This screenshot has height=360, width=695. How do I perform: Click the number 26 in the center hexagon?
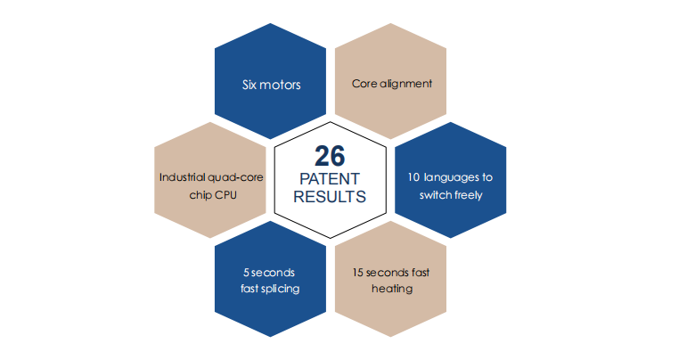point(330,156)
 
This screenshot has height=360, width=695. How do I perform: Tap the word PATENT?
point(330,179)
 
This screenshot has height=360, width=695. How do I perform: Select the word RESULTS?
point(330,196)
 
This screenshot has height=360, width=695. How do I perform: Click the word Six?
point(249,85)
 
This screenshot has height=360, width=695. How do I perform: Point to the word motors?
point(280,86)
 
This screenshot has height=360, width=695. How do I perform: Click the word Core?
point(364,84)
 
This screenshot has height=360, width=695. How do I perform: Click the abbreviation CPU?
point(227,195)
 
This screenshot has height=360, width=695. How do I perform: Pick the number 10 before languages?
point(413,177)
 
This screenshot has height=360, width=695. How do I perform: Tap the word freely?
point(468,195)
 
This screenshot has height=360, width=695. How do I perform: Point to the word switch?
point(435,195)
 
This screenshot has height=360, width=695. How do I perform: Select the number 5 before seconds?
point(246,273)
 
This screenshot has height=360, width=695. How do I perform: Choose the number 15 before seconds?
point(357,273)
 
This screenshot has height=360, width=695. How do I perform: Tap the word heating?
point(392,289)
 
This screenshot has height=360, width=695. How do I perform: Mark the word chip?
point(201,195)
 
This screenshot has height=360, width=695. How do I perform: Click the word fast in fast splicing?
point(249,289)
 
